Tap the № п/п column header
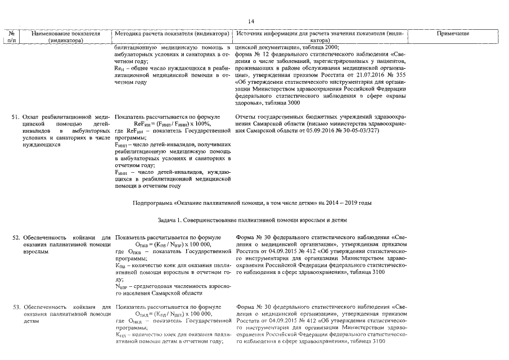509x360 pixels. (x=12, y=37)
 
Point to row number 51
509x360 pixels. (x=16, y=116)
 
